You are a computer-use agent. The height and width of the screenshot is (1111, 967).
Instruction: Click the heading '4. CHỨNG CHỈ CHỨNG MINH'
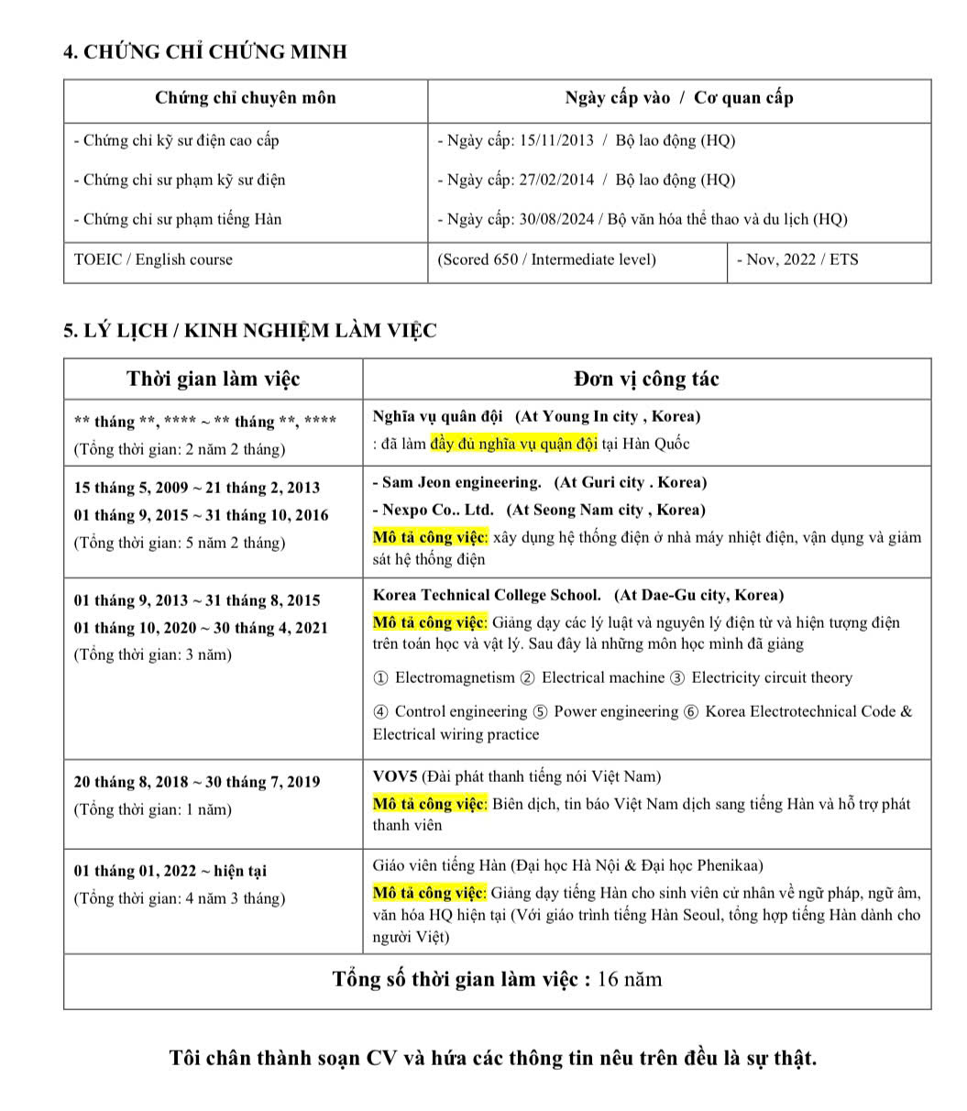[x=205, y=51]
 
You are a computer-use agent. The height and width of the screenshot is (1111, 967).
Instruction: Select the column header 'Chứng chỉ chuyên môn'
[x=245, y=98]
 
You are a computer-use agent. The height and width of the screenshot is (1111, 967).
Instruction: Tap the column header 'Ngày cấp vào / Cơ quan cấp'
[x=678, y=98]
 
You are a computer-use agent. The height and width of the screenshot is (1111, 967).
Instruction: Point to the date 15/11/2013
[x=556, y=140]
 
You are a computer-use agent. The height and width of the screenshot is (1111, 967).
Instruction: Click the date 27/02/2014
[x=556, y=180]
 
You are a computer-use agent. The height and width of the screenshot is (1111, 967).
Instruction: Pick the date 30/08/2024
[x=556, y=219]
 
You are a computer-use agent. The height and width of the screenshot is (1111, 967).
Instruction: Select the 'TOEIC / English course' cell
[x=153, y=259]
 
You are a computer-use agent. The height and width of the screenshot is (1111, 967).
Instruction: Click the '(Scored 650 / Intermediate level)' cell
[x=547, y=259]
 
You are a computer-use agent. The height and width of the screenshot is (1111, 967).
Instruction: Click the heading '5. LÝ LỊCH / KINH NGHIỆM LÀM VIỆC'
[x=250, y=331]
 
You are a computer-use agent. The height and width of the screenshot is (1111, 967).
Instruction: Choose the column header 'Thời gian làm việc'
[x=213, y=379]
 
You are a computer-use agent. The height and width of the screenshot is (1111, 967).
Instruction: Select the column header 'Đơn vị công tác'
[x=646, y=379]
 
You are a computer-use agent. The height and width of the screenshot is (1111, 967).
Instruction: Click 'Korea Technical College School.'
[x=487, y=595]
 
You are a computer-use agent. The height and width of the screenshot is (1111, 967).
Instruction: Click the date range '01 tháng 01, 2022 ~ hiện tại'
[x=170, y=871]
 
